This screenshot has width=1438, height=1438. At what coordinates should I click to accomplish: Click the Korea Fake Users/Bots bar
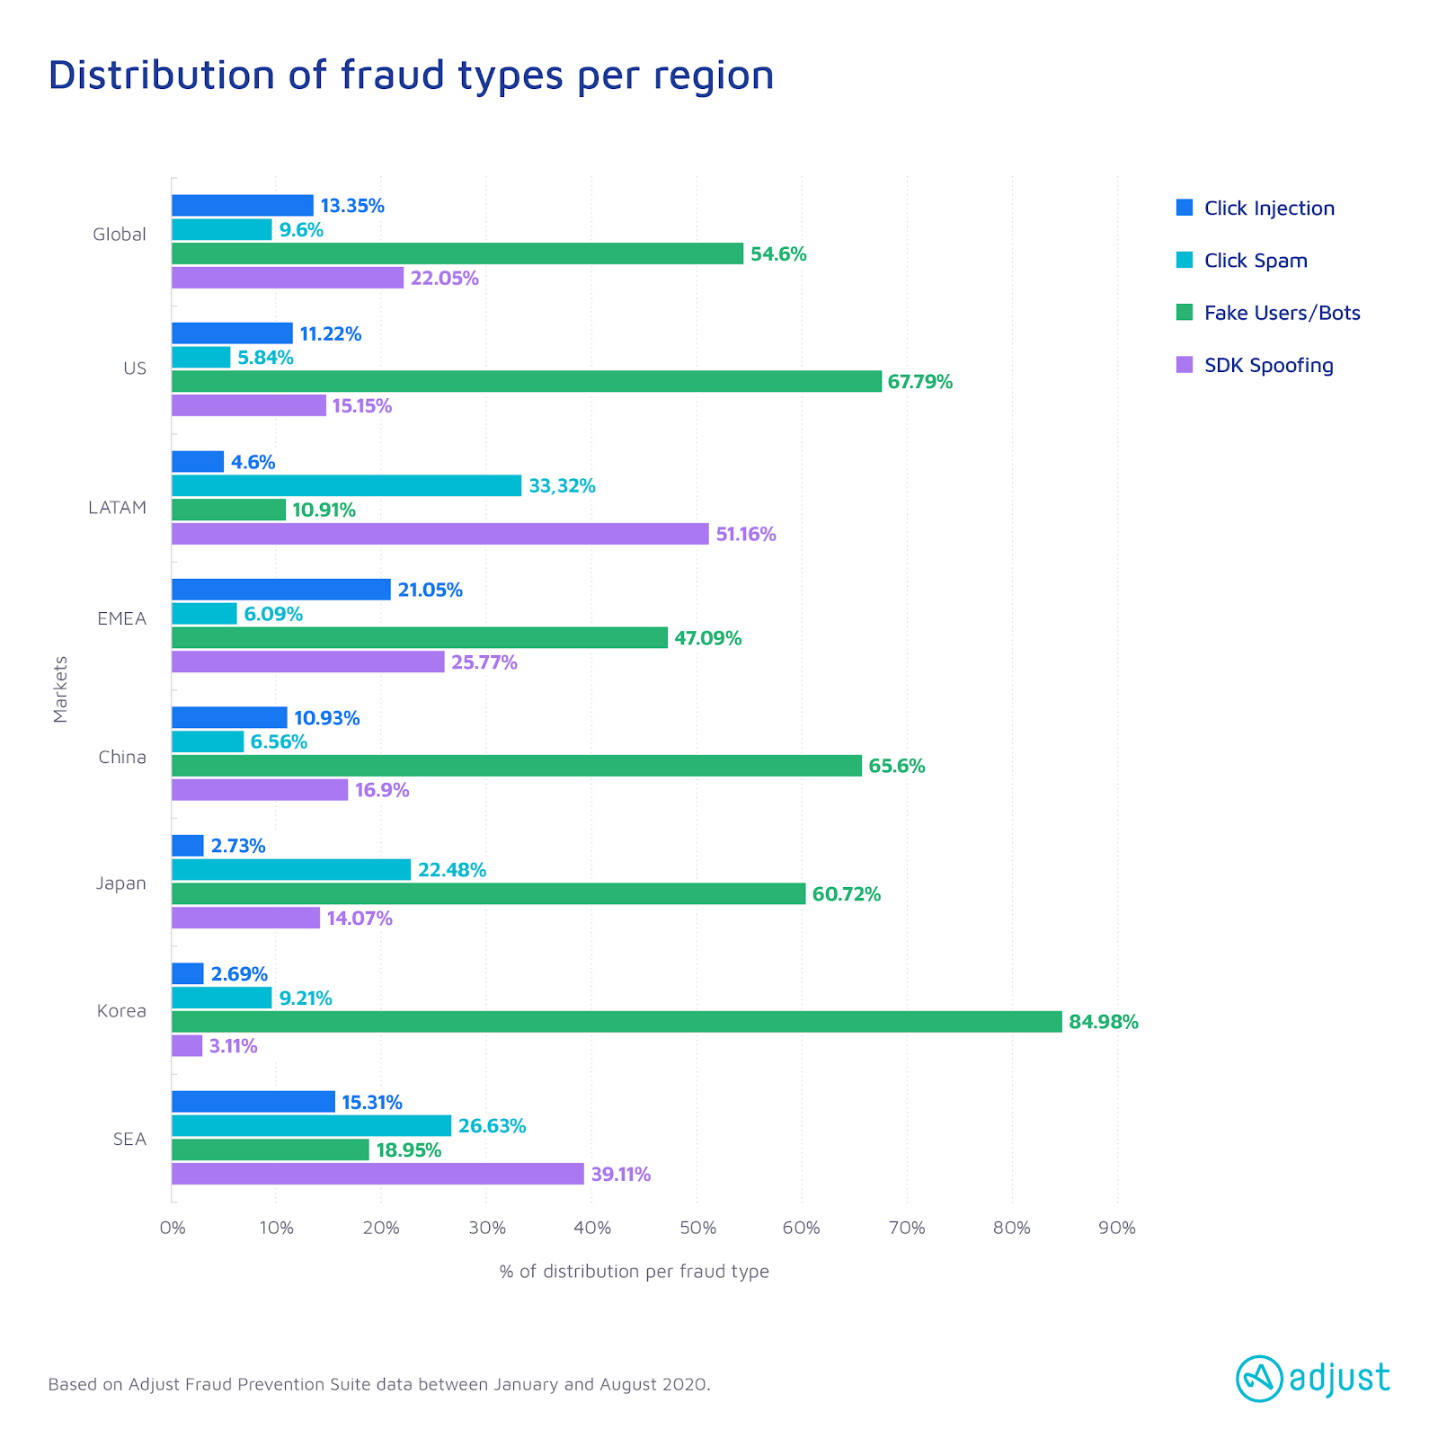pos(617,1022)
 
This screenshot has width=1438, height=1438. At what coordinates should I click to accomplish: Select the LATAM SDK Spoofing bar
pos(440,534)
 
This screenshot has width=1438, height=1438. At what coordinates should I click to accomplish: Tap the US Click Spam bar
pos(201,358)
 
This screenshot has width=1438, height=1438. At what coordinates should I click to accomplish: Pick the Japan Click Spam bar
pos(291,870)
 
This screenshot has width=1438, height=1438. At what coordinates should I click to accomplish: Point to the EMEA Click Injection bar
pos(281,590)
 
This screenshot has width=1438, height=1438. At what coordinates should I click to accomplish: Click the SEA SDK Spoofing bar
pos(377,1174)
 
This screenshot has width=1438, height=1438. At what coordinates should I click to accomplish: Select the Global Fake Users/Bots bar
pos(457,253)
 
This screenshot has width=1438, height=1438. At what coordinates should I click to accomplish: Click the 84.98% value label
pos(1104,1022)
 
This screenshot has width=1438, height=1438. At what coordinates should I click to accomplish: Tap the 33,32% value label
pos(562,486)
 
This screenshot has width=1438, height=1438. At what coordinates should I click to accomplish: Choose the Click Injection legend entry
pos(1269,209)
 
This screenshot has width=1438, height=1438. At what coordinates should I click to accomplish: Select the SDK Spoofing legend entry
pos(1268,366)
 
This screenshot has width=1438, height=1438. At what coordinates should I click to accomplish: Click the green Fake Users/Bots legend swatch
pos(1185,313)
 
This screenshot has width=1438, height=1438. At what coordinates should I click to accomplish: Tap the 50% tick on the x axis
pos(697,1228)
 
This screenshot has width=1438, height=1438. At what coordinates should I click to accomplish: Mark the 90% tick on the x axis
pos(1117,1228)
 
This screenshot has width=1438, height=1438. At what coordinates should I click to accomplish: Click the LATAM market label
pos(117,508)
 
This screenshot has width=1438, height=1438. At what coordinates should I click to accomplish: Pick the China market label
pos(122,758)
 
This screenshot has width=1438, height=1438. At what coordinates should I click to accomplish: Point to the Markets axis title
pos(60,689)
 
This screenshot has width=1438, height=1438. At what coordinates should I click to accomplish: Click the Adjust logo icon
pos(1259,1379)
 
